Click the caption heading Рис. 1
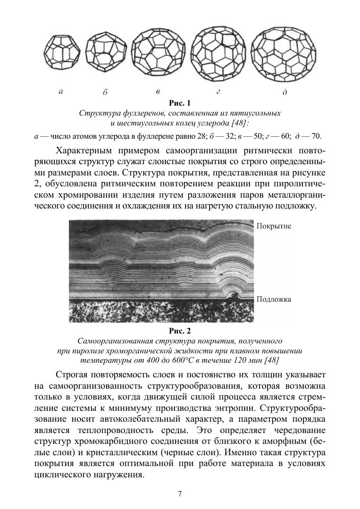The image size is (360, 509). [180, 103]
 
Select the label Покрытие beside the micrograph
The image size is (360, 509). [274, 226]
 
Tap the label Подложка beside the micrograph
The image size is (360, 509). [274, 299]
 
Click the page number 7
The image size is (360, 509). [180, 494]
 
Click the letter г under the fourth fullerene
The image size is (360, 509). [218, 92]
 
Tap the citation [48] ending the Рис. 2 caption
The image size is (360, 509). [271, 360]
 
